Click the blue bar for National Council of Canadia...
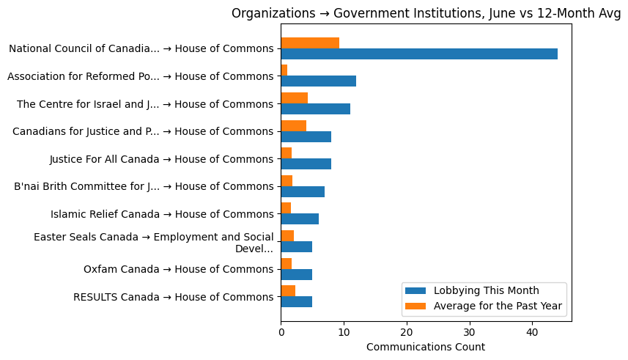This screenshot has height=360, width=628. [419, 54]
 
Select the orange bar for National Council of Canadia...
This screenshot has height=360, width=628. [310, 43]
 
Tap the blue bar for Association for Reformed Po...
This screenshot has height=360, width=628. [318, 81]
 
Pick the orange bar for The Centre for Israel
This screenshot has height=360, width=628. [294, 98]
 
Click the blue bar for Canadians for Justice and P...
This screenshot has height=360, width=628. [306, 136]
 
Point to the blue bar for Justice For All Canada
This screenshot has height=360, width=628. [306, 164]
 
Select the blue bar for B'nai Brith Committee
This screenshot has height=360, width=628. [303, 191]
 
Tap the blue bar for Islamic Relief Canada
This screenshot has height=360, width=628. [300, 219]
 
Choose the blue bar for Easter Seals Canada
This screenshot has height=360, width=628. [296, 247]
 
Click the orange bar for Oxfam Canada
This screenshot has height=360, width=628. [286, 263]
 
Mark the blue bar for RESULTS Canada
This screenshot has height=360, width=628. [296, 302]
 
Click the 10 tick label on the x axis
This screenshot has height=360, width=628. [344, 332]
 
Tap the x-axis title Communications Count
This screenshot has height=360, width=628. [425, 347]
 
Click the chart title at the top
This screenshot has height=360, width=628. [426, 13]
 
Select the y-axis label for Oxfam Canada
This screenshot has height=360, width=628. [178, 269]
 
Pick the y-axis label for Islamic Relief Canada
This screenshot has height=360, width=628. [162, 214]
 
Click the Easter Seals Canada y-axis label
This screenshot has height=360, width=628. [154, 242]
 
